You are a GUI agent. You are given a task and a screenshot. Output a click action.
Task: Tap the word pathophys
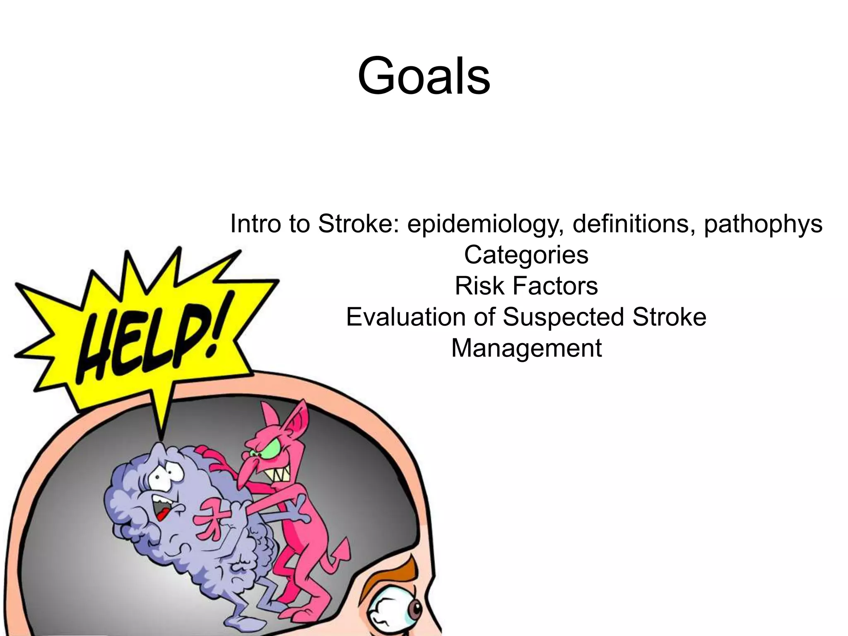tap(763, 224)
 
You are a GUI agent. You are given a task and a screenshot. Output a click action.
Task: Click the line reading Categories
tap(526, 255)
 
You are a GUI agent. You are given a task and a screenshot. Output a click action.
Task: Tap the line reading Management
tap(526, 348)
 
